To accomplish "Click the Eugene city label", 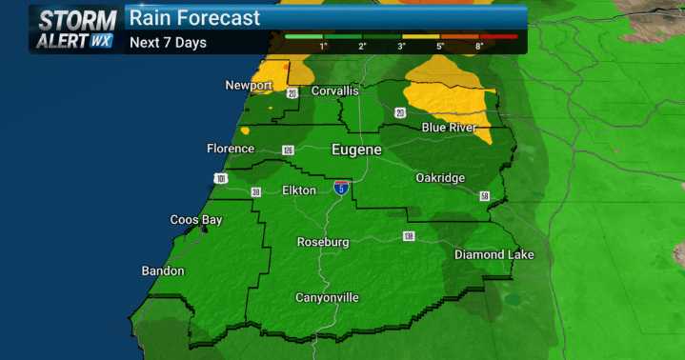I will [356, 150].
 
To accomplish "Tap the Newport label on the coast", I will [249, 86].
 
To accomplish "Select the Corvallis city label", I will [332, 90].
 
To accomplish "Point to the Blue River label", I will [449, 128].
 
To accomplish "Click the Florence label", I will [231, 149].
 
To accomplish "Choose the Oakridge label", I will [440, 178].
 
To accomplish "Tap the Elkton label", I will [299, 190].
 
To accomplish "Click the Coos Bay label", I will [196, 220].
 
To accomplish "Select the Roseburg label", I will [323, 242].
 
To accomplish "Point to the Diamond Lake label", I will [494, 255].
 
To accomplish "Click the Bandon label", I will [163, 271].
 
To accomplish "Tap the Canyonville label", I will [327, 298].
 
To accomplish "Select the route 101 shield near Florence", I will [221, 178].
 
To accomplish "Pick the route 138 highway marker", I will [409, 235].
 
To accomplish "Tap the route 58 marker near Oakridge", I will [484, 196].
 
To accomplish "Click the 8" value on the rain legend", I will [478, 45].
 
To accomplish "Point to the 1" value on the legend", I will [324, 45].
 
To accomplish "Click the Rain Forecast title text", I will [194, 18].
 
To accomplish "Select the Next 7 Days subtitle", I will [168, 43].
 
